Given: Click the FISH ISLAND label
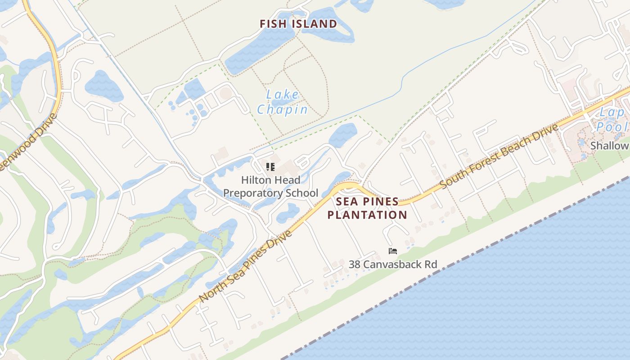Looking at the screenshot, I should [298, 24].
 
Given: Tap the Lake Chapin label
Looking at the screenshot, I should [283, 102].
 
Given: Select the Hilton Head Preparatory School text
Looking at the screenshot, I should [270, 186].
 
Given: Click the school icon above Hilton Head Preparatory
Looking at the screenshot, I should [270, 167].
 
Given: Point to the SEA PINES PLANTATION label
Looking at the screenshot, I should [367, 208].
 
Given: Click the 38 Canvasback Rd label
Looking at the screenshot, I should [393, 264].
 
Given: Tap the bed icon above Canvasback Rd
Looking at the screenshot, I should [393, 251].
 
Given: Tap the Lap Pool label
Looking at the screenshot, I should [612, 120].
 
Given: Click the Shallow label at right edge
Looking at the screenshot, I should [610, 145].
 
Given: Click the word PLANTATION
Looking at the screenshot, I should [367, 215].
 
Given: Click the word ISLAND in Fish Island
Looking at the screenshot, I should [315, 24].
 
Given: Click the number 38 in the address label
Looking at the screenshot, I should [355, 264].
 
